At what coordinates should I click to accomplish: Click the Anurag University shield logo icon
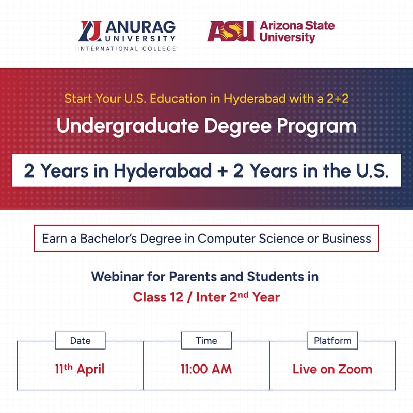point(90,31)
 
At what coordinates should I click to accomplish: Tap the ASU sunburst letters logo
point(231,31)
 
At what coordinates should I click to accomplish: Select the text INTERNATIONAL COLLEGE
point(126,49)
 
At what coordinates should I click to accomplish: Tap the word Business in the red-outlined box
point(346,239)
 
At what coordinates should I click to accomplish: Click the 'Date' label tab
point(80,341)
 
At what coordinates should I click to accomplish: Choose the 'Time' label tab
point(206,341)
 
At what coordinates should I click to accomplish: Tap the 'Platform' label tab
point(332,341)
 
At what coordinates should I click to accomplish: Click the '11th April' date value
point(80,369)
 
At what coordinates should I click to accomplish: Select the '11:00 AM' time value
point(206,370)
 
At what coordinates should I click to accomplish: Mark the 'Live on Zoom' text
point(332,370)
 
